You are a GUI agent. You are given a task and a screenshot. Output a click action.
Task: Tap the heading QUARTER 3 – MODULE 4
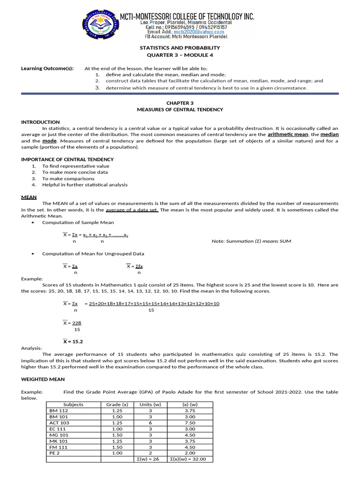[180, 54]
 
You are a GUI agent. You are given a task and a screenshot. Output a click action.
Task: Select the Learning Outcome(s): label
[47, 68]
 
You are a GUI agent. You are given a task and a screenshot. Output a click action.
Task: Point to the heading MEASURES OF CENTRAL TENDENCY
[180, 110]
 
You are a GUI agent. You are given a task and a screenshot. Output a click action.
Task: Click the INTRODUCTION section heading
[40, 122]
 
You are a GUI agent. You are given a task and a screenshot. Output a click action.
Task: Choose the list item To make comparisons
[68, 179]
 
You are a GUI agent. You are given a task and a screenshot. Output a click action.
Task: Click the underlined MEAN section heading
[29, 197]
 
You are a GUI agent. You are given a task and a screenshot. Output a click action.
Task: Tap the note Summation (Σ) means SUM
[251, 241]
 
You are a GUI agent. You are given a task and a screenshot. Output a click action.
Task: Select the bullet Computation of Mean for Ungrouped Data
[93, 254]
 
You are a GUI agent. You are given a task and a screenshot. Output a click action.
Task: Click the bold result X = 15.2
[73, 342]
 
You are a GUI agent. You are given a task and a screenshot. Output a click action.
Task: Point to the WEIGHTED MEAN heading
[43, 379]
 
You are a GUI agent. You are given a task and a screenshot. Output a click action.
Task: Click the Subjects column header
[73, 404]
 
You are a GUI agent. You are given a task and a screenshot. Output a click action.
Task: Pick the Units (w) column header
[150, 404]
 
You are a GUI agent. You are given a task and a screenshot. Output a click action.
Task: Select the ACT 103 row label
[59, 422]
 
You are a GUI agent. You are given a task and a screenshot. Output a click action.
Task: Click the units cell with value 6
[150, 422]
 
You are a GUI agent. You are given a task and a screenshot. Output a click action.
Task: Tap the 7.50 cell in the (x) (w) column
[190, 422]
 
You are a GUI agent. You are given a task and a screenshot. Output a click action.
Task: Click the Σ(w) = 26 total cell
[150, 459]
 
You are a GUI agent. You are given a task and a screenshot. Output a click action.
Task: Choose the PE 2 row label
[55, 453]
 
